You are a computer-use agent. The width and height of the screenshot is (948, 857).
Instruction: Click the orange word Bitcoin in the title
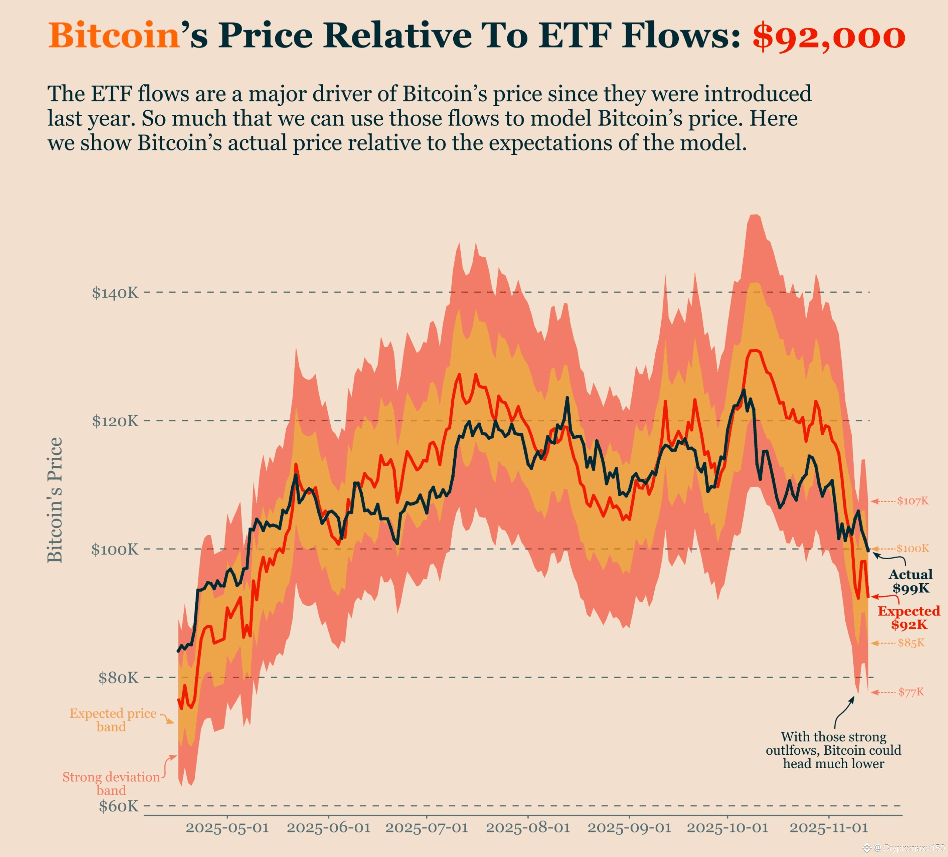tap(114, 35)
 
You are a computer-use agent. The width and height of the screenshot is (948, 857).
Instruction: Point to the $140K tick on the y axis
tap(115, 293)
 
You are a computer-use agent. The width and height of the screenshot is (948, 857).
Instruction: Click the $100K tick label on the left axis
tap(115, 549)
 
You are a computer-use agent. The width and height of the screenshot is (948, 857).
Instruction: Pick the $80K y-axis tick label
tap(118, 678)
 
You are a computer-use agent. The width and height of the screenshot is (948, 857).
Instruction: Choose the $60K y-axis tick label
tap(118, 806)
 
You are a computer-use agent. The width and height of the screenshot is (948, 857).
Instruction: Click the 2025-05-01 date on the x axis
tap(227, 828)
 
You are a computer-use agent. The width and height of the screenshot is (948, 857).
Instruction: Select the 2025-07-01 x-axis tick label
tap(427, 828)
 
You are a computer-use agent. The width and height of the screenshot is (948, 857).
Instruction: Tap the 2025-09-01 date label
tap(629, 828)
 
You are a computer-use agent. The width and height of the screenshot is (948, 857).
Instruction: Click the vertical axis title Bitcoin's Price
tap(55, 500)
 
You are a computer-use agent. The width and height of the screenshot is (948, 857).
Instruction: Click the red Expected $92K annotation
tap(908, 618)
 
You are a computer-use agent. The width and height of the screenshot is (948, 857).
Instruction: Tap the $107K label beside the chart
tap(912, 501)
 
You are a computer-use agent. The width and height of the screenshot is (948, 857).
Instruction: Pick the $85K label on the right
tap(911, 643)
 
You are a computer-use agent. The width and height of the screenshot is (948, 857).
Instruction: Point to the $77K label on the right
tap(911, 692)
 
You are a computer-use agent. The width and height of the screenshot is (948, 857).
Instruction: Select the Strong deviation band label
tap(111, 784)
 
